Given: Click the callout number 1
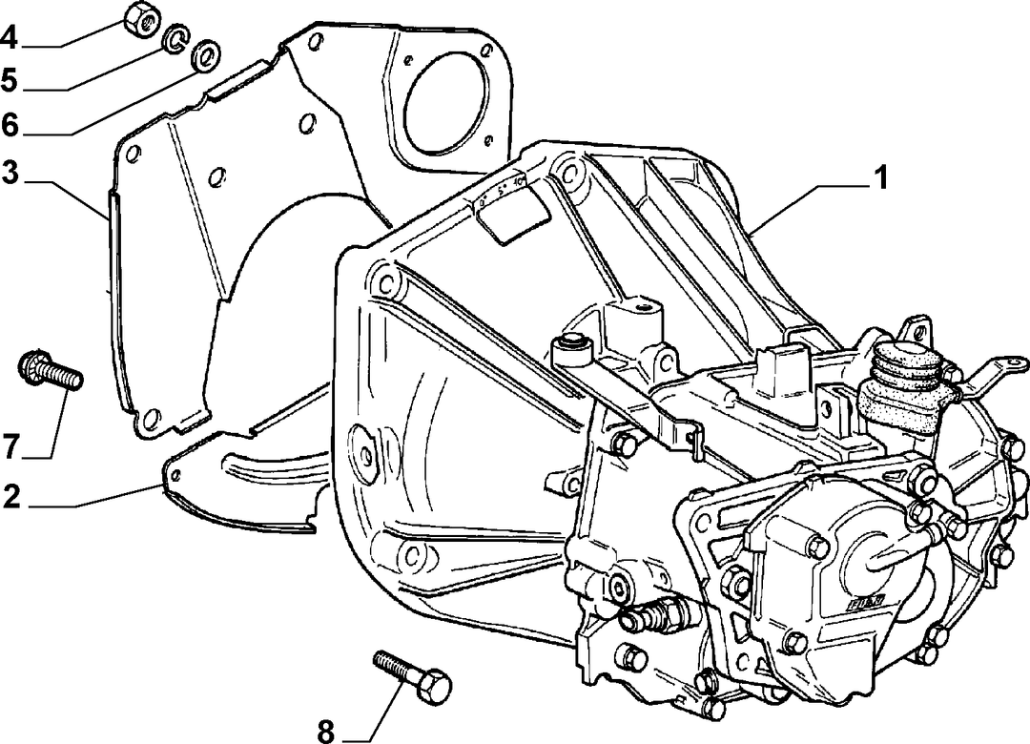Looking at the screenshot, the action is click(879, 177).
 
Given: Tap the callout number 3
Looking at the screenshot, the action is click(10, 174).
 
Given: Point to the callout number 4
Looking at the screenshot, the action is click(10, 39).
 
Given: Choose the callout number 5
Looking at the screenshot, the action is click(10, 81).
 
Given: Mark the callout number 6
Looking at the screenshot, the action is click(10, 124).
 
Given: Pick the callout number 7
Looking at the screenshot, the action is click(11, 447).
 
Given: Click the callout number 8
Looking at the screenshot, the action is click(326, 731).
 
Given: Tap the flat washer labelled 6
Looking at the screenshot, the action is click(206, 55).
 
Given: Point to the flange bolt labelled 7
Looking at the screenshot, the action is click(51, 371).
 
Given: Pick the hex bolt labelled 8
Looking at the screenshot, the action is click(413, 676).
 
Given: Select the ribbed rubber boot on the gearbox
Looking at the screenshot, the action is click(905, 387).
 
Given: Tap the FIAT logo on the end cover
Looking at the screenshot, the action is click(866, 601).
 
